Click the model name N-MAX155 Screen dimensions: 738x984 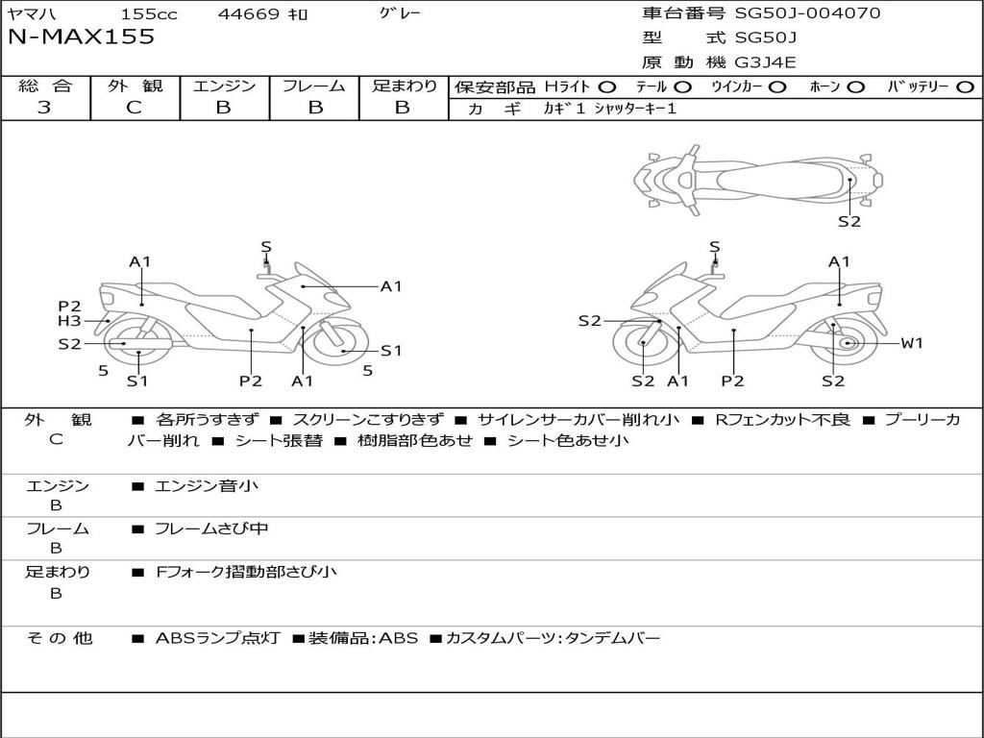[81, 37]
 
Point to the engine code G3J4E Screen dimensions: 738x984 [766, 62]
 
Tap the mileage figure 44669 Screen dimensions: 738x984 [249, 14]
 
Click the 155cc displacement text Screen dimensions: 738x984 [149, 14]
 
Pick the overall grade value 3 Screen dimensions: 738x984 [44, 108]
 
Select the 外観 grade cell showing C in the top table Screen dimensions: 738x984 [135, 108]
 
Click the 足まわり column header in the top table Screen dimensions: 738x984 [404, 86]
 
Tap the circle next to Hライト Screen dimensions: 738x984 [607, 86]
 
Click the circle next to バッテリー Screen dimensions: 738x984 [965, 86]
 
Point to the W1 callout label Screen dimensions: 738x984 [911, 343]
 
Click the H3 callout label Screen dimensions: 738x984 [69, 321]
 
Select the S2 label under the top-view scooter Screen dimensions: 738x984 [849, 221]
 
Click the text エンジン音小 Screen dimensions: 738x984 [207, 486]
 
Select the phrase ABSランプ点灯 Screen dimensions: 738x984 [217, 638]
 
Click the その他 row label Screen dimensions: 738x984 [59, 638]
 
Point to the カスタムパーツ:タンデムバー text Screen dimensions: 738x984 [553, 638]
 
